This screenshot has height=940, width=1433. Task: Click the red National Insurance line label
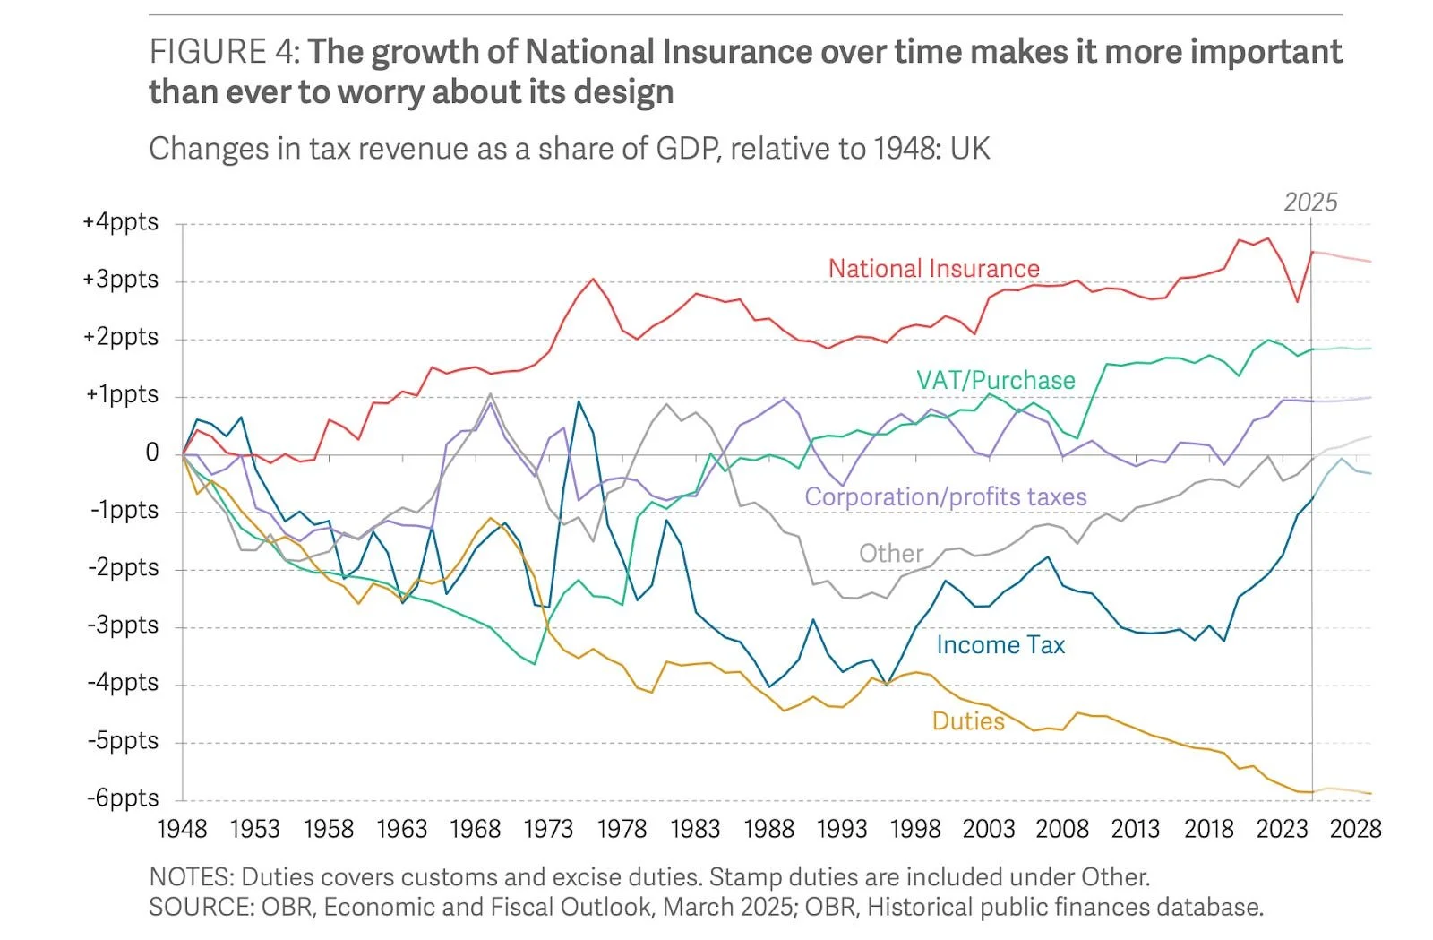pos(933,268)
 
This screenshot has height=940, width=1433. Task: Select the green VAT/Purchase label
pos(995,380)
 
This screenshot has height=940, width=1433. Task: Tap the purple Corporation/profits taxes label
pos(945,496)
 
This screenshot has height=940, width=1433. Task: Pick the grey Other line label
pos(890,553)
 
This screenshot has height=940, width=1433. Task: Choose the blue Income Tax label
pos(1000,645)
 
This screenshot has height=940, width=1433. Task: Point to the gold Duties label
pos(968,721)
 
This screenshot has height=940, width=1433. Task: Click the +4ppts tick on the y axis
pos(121,221)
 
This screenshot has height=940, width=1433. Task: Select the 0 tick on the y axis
pos(152,453)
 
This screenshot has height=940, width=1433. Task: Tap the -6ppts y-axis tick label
pos(123,798)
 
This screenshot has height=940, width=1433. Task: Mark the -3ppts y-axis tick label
pos(123,625)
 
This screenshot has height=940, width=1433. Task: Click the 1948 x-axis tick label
pos(182,829)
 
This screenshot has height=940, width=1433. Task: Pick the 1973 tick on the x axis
pos(548,829)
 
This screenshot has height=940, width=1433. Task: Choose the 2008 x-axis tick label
pos(1061,829)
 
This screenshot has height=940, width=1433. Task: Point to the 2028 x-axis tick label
pos(1355,829)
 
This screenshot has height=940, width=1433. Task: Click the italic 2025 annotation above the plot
pos(1310,203)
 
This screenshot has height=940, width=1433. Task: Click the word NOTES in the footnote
pos(191,876)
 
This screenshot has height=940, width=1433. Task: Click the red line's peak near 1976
pos(593,279)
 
